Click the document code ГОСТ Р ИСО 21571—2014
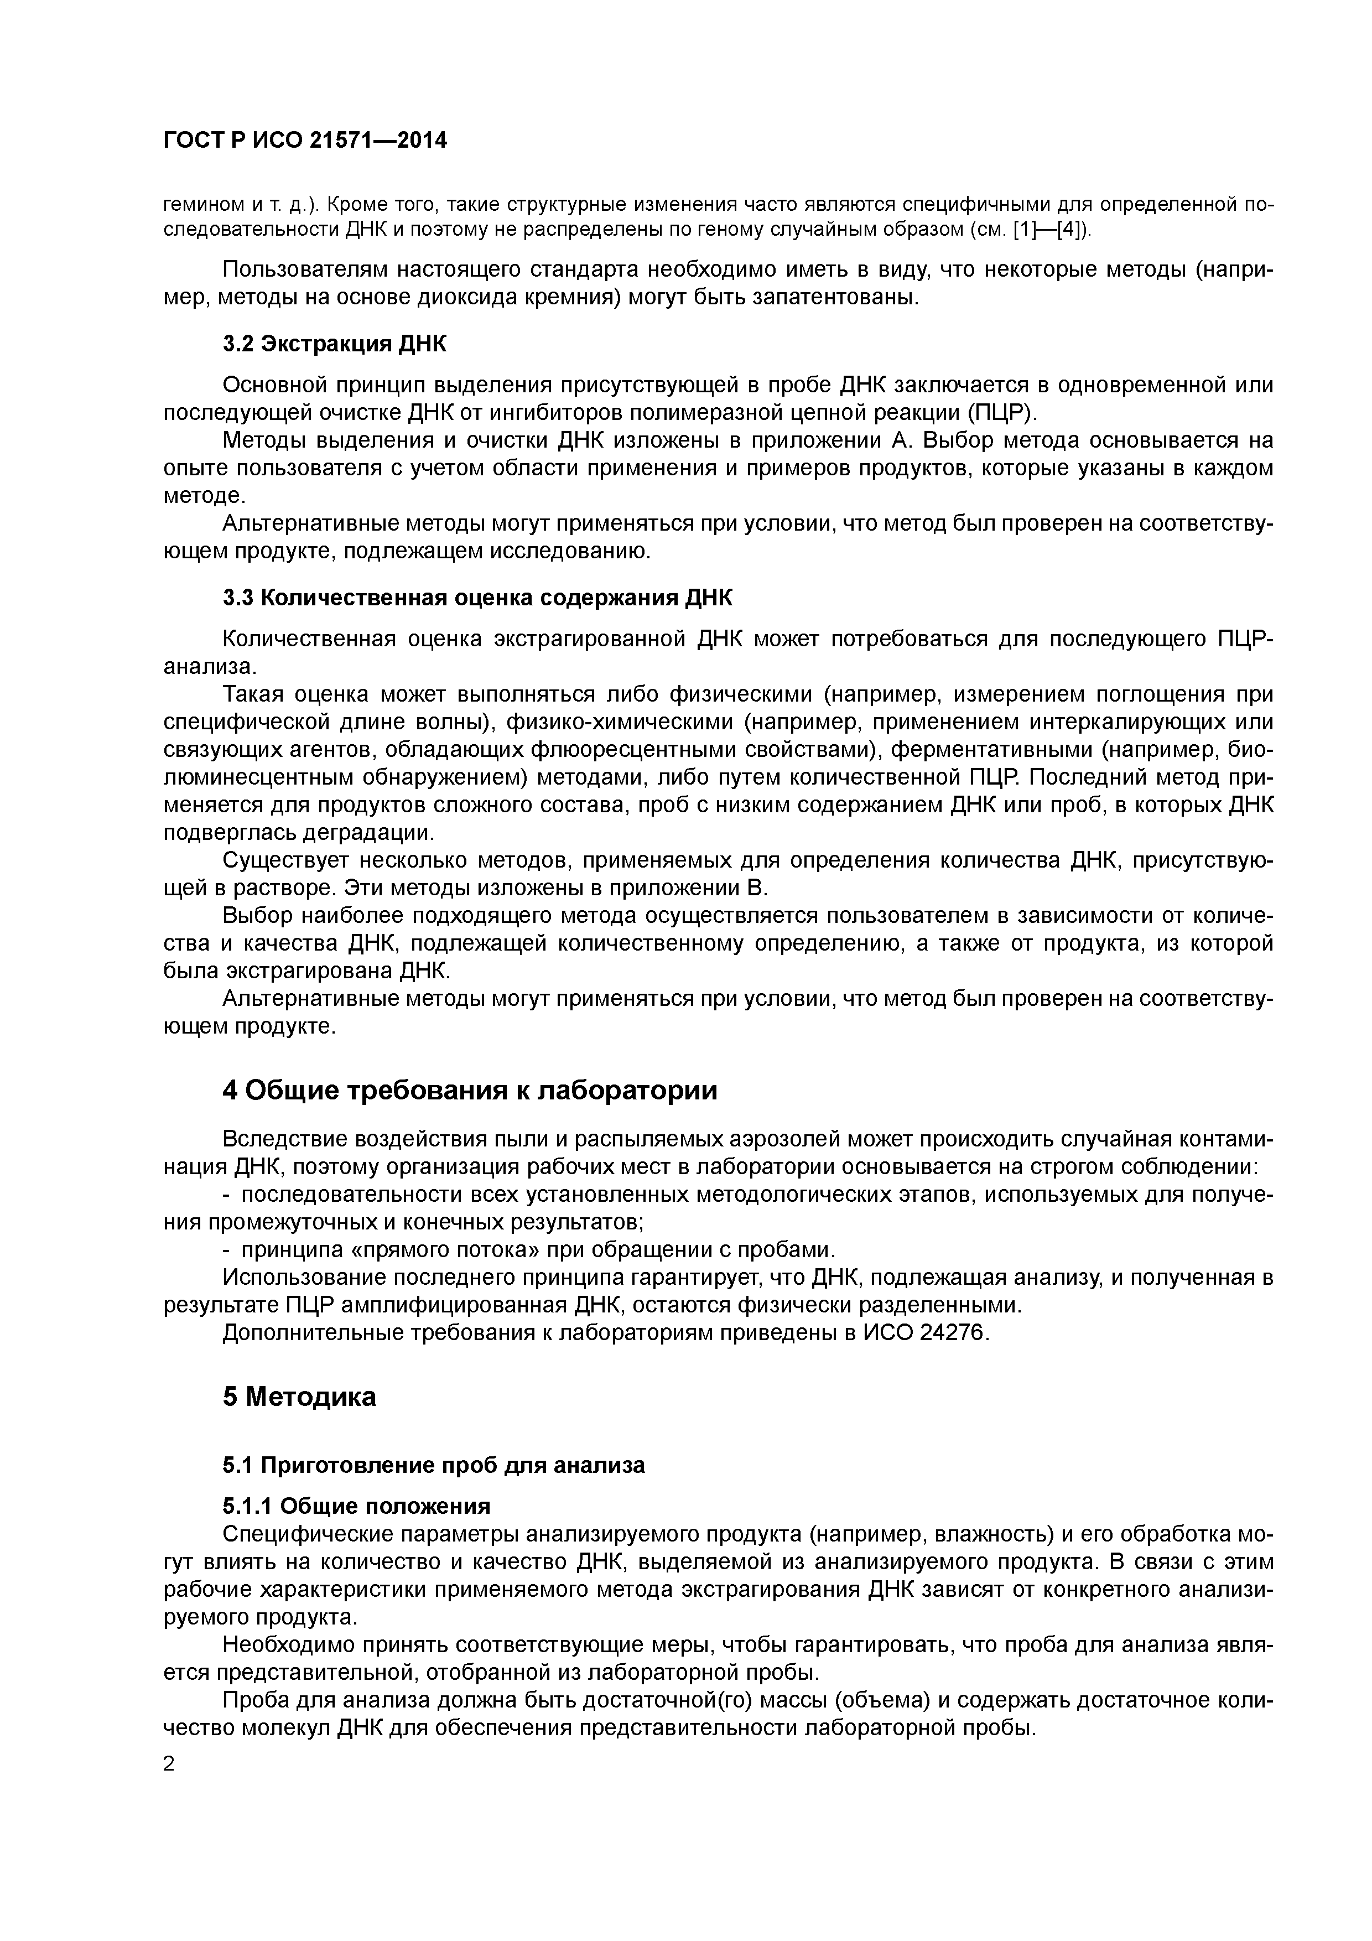(x=304, y=141)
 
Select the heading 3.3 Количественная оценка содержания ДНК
(x=477, y=598)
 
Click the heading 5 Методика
(x=299, y=1397)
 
